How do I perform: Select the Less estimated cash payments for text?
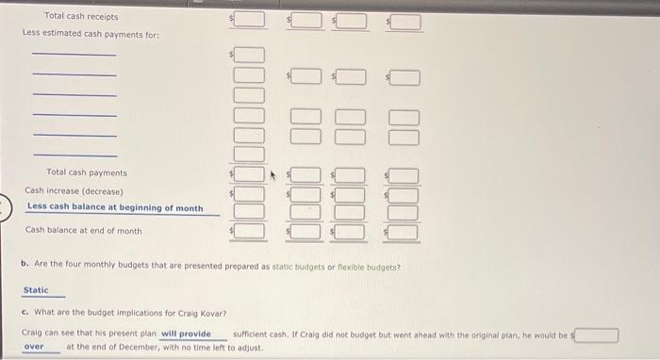91,34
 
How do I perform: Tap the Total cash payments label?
86,172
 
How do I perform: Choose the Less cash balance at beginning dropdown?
114,207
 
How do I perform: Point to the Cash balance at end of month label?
83,230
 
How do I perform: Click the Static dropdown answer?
36,290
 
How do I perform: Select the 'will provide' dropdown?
186,334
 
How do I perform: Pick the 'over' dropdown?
34,347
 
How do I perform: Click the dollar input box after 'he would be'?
598,335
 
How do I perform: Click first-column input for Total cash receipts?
249,19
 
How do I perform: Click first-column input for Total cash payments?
249,173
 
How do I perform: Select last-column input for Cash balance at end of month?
404,230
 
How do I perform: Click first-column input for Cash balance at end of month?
249,230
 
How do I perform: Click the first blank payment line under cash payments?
74,54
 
